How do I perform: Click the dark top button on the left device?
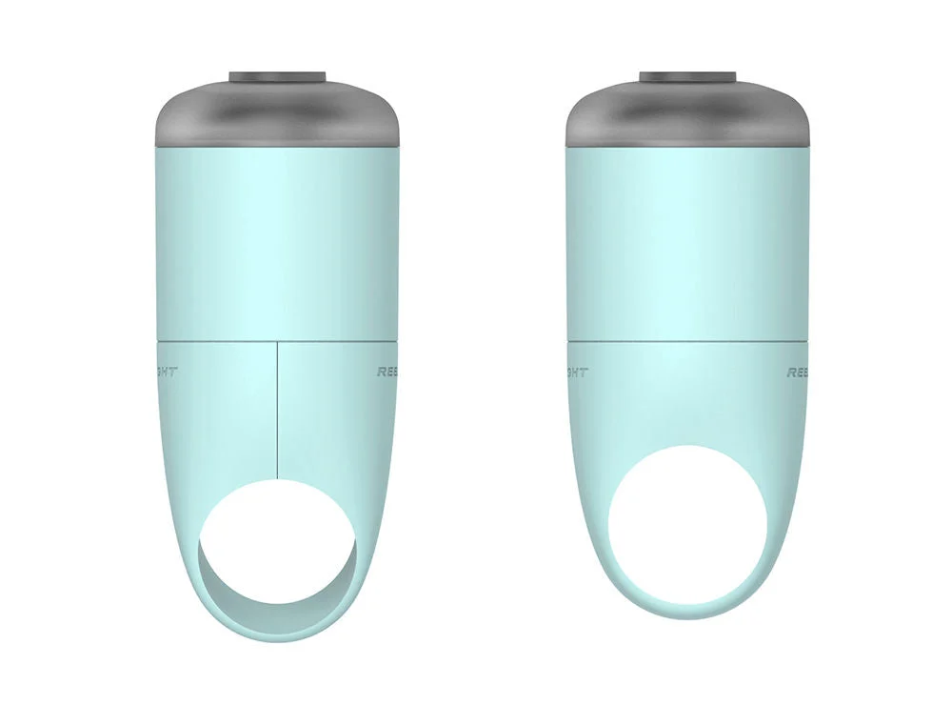pyautogui.click(x=277, y=75)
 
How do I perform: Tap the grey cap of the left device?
pyautogui.click(x=277, y=114)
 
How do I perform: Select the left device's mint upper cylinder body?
pyautogui.click(x=277, y=238)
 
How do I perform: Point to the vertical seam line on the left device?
pyautogui.click(x=277, y=410)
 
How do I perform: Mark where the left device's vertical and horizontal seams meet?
pyautogui.click(x=277, y=339)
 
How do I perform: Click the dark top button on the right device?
pyautogui.click(x=687, y=75)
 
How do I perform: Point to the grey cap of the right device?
pyautogui.click(x=687, y=114)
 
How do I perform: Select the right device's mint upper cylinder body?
pyautogui.click(x=687, y=238)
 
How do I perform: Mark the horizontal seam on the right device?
pyautogui.click(x=687, y=340)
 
